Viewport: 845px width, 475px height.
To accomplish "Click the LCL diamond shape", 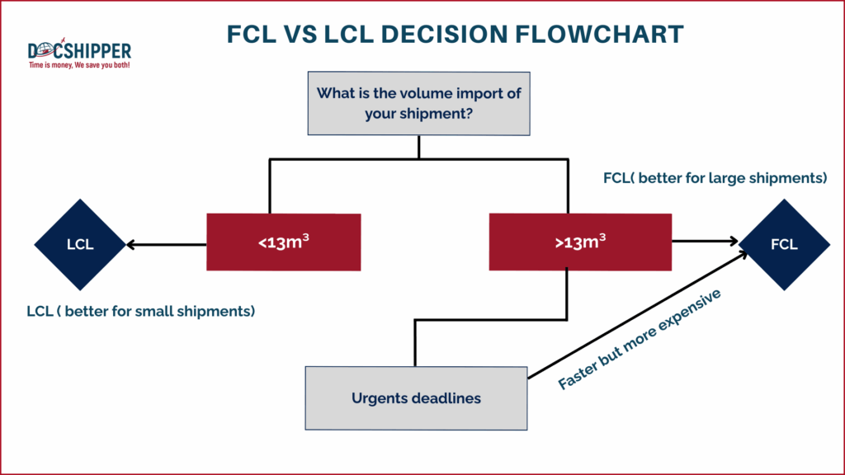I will [x=80, y=244].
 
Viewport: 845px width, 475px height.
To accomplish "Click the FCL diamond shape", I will [x=784, y=244].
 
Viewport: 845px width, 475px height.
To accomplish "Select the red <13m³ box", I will [x=283, y=242].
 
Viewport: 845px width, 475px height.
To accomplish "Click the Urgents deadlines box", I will [x=416, y=398].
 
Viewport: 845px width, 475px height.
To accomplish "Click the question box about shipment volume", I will [x=418, y=103].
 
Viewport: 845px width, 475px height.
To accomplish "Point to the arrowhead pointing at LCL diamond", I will [x=130, y=244].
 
